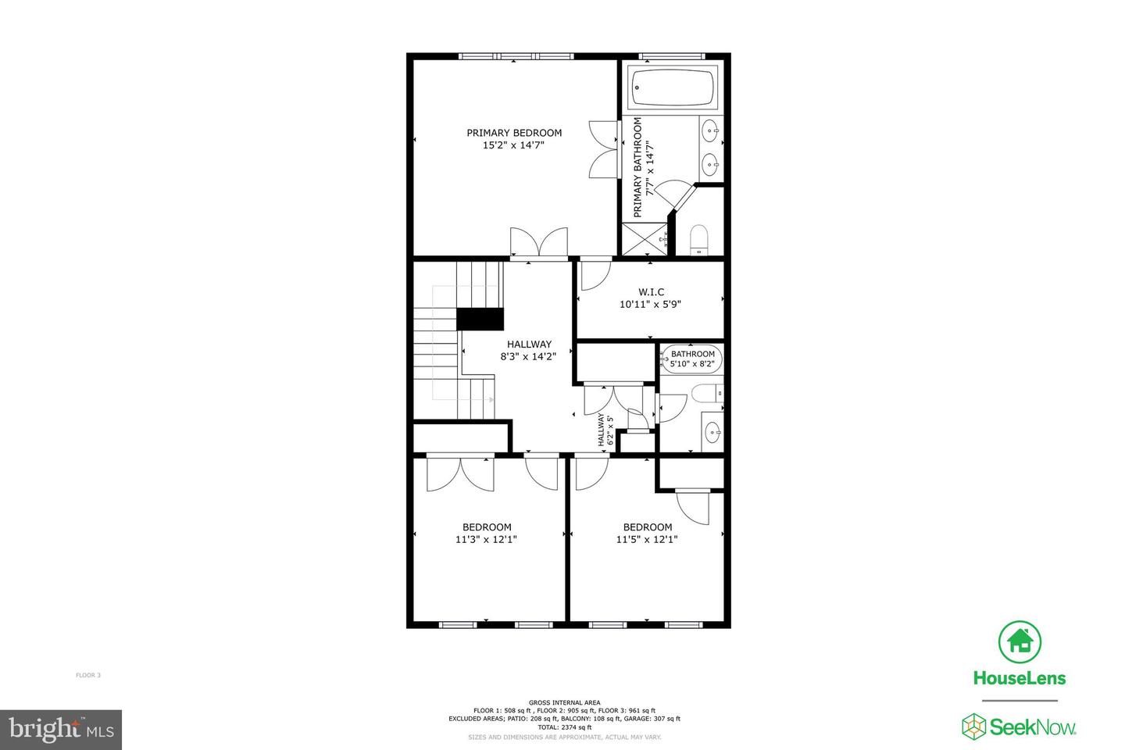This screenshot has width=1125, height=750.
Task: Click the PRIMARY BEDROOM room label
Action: (514, 133)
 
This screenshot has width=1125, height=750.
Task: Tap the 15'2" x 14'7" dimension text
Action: (513, 145)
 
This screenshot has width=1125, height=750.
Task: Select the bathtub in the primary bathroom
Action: (673, 86)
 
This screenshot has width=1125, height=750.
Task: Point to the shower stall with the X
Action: (645, 239)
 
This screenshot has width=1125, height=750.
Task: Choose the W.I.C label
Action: (651, 292)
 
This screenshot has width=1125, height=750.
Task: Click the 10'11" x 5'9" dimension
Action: (651, 305)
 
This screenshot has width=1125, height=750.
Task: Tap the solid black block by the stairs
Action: (480, 319)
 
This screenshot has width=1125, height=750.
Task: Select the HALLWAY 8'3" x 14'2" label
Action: (529, 350)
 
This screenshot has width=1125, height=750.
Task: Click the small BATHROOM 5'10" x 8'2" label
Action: (692, 359)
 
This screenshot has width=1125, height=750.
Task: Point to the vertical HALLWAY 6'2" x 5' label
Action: (605, 430)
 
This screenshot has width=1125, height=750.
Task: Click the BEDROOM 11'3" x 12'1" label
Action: (487, 533)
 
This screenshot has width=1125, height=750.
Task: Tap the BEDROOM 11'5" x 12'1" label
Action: (647, 533)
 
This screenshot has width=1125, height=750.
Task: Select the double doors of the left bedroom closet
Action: (460, 474)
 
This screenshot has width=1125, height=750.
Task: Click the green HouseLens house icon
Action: (1020, 641)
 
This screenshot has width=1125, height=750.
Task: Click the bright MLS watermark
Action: (61, 730)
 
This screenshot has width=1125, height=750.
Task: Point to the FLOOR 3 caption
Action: (88, 675)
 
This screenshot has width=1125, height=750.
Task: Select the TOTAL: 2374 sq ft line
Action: (564, 727)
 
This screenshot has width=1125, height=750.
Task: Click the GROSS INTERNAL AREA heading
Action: (564, 702)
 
